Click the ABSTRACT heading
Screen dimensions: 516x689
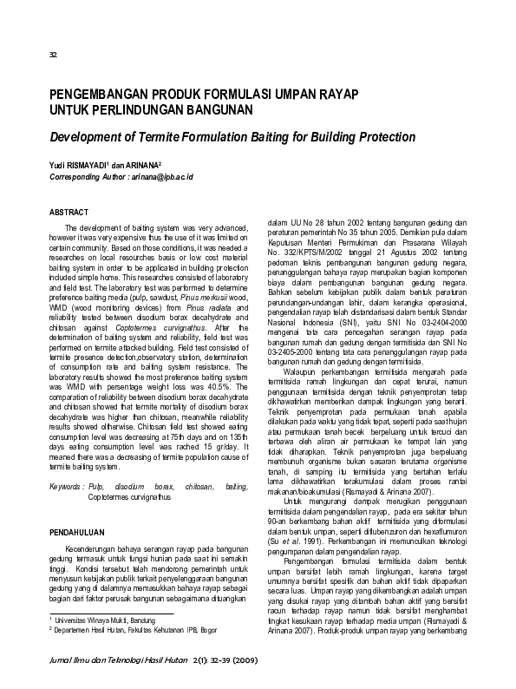69,212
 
